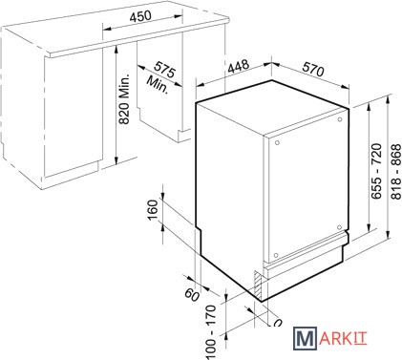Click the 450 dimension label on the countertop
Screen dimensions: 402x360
140,15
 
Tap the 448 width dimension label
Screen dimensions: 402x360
239,66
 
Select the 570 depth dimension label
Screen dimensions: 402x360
312,69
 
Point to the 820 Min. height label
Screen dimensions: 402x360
124,99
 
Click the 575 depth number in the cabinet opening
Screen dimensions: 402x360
164,70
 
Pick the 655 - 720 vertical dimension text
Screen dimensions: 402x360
376,171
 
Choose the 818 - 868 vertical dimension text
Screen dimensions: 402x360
396,172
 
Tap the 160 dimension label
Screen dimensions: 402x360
153,209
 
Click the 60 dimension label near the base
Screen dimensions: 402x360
192,294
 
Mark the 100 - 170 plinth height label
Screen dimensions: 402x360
211,332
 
